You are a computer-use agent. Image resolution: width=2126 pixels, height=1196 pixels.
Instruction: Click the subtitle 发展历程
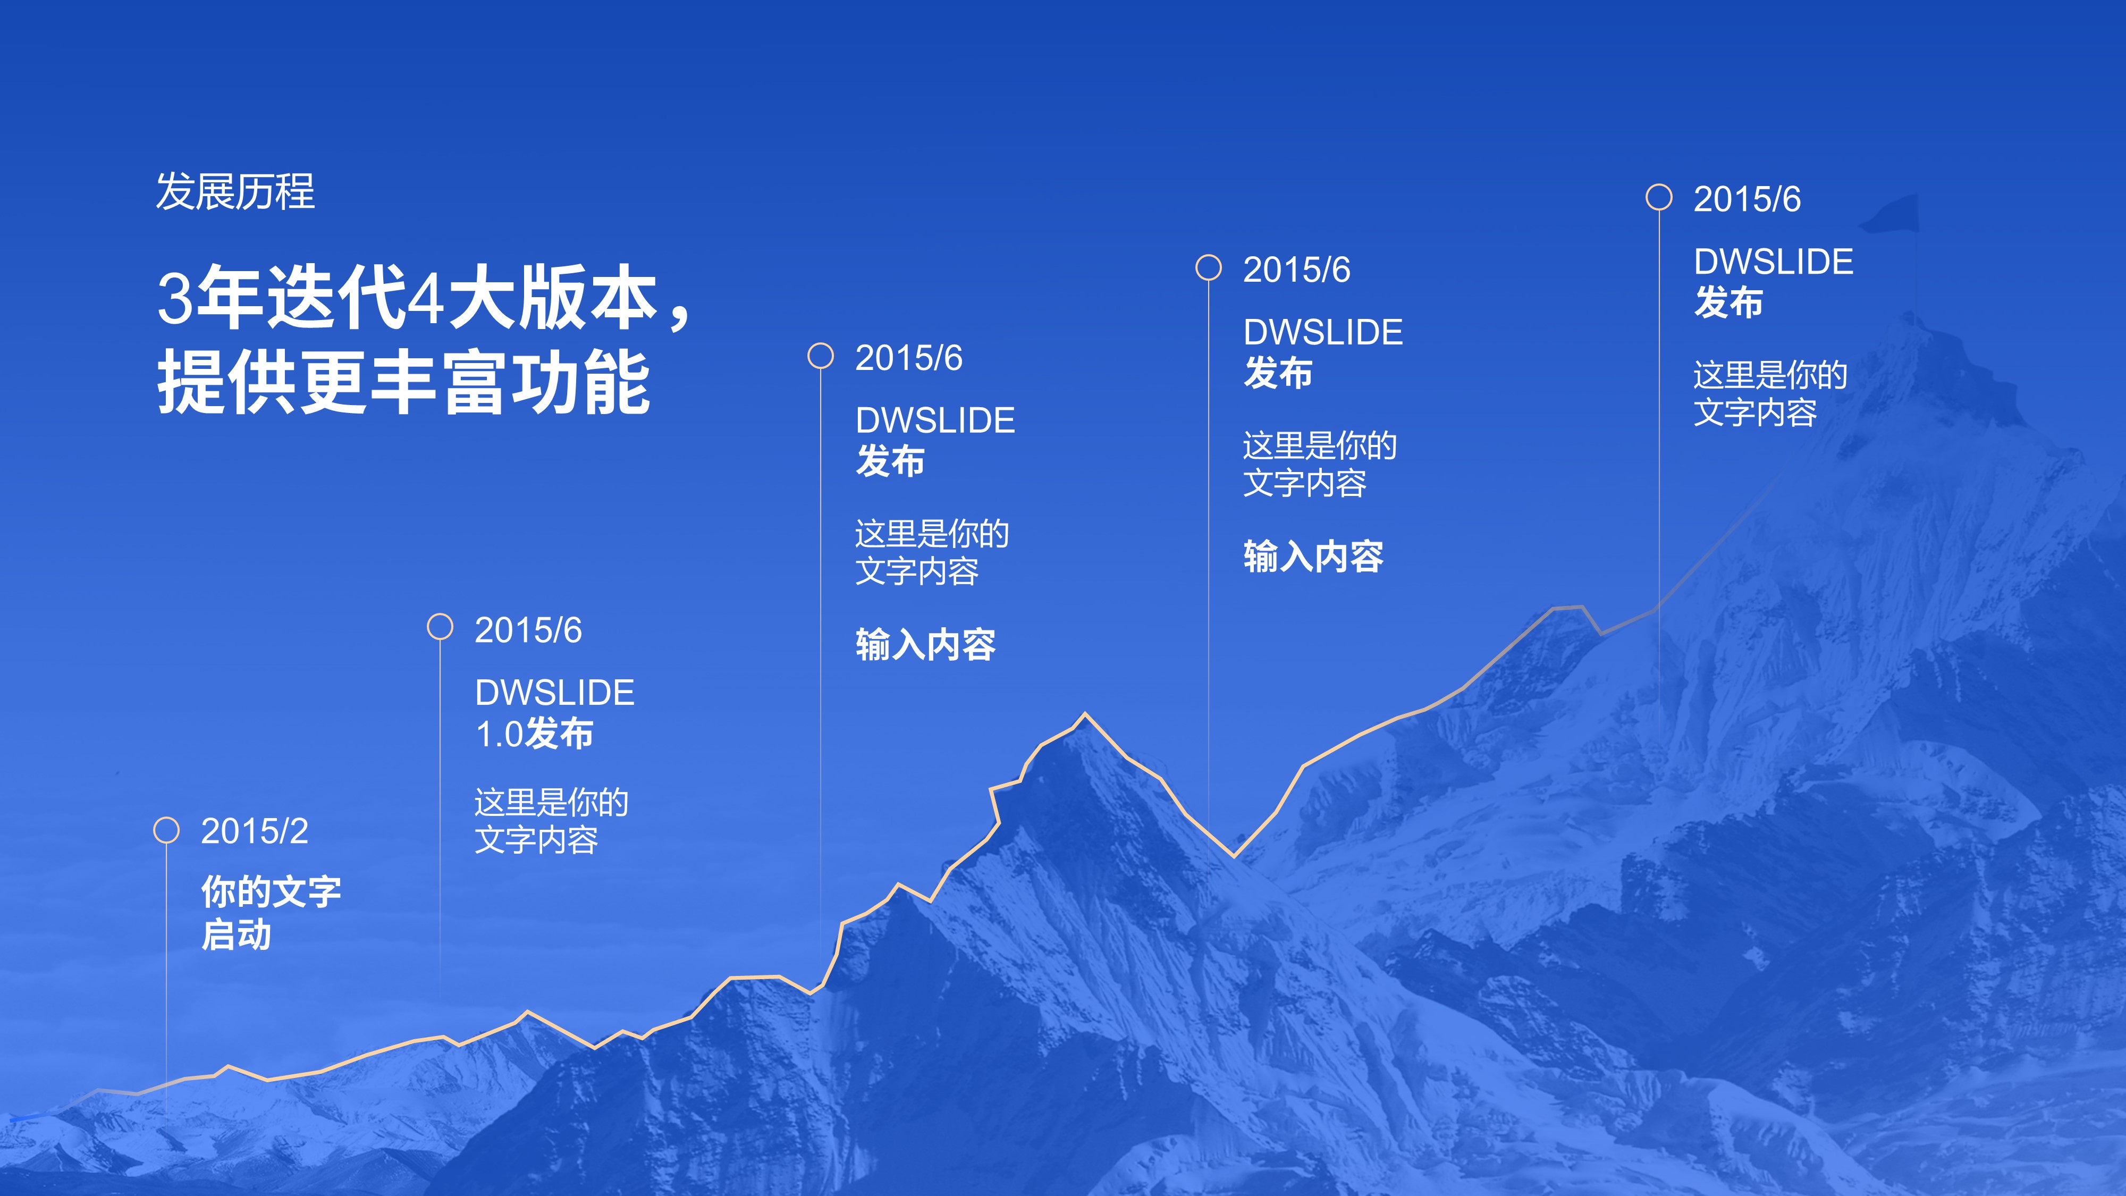coord(235,192)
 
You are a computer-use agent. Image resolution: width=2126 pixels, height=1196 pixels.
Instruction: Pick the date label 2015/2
coord(254,831)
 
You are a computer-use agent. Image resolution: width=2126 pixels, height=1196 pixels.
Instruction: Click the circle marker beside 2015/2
coord(167,830)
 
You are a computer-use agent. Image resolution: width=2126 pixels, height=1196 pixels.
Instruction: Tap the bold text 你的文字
coord(271,892)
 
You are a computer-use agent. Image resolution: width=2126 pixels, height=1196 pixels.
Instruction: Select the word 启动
coord(236,935)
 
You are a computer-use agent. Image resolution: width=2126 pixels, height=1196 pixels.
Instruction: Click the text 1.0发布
coord(534,734)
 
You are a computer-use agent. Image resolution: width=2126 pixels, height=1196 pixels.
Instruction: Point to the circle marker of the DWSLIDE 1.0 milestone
coord(440,627)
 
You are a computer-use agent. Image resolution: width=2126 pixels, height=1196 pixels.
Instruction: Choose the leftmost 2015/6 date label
coord(528,630)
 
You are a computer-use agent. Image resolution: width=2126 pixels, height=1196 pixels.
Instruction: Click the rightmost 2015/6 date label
coord(1747,199)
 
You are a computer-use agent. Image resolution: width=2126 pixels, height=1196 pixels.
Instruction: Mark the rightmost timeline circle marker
coord(1659,197)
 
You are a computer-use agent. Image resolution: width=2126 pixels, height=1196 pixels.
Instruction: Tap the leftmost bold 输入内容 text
coord(925,645)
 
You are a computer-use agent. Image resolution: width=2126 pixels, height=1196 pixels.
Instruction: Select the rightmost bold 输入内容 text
coord(1313,557)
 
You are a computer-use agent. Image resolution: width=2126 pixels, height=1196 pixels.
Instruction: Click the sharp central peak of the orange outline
coord(1084,715)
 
